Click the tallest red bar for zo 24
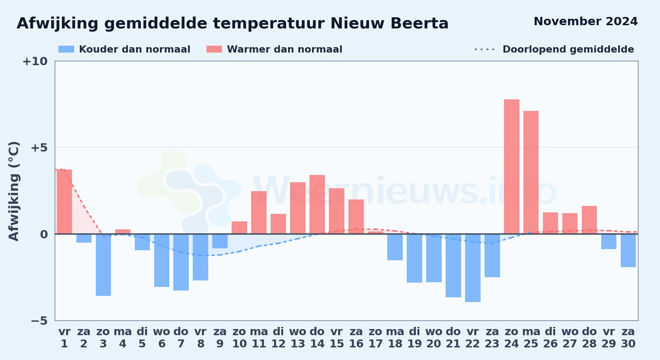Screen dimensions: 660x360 (512, 167)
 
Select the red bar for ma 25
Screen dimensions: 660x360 (531, 172)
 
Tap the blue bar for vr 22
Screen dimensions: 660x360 (473, 268)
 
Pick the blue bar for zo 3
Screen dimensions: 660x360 (103, 265)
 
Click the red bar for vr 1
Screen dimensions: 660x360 (64, 202)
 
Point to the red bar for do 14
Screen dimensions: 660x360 (317, 204)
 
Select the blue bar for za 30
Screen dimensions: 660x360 (628, 251)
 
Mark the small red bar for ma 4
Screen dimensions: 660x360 (123, 231)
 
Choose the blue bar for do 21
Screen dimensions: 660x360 (453, 266)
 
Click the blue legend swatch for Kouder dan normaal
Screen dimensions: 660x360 (66, 49)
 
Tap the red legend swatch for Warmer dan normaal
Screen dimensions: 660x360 (214, 49)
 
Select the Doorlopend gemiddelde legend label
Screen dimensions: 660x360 (568, 49)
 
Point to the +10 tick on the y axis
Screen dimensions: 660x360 (35, 62)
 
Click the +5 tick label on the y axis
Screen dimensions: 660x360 (39, 148)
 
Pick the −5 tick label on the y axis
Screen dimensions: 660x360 (39, 321)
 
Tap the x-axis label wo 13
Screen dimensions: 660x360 (298, 338)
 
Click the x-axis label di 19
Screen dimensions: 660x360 (415, 338)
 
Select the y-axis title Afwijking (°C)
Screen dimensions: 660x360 (14, 191)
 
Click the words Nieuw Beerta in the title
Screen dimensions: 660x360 (389, 24)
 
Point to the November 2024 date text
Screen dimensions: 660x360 (586, 22)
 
